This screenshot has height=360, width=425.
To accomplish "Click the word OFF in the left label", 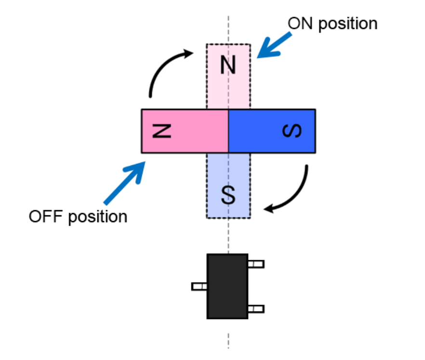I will (x=46, y=216).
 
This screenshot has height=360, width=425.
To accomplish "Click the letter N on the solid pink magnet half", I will (x=162, y=131).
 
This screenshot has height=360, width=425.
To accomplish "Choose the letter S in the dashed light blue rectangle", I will (x=228, y=193).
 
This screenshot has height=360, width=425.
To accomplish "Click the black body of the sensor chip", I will (x=227, y=286).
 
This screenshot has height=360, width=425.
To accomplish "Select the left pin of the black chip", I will (x=199, y=286).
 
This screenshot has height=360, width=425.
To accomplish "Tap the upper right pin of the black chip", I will (x=256, y=264).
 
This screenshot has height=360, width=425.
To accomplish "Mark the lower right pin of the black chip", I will (x=256, y=308).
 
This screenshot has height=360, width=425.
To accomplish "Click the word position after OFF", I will (x=98, y=216).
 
